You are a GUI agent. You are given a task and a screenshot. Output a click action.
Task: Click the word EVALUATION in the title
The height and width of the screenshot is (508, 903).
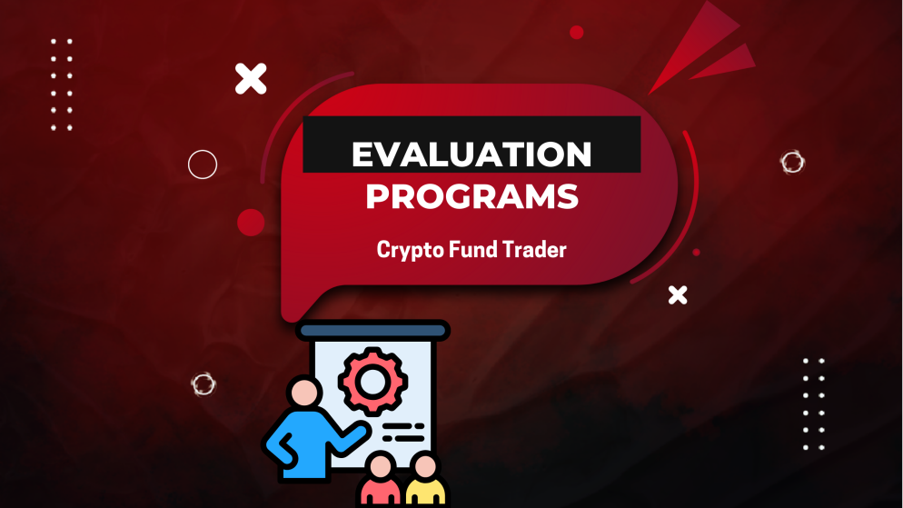(x=471, y=154)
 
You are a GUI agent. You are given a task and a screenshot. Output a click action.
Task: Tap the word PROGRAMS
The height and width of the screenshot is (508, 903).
(x=471, y=197)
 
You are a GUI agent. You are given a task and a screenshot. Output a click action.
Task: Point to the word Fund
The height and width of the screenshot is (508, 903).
(x=471, y=249)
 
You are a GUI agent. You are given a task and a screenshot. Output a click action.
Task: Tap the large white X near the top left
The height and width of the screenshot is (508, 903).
(x=251, y=79)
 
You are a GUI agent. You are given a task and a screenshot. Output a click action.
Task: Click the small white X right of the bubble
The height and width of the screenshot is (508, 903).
(x=678, y=294)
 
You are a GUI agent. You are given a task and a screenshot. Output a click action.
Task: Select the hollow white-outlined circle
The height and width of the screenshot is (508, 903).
(x=203, y=164)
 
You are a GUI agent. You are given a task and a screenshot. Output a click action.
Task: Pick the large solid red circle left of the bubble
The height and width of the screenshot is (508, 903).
(x=251, y=223)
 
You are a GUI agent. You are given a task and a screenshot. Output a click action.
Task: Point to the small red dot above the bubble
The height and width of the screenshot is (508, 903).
(x=576, y=33)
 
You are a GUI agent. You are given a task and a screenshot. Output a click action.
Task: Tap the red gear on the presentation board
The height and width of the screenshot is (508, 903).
(x=371, y=380)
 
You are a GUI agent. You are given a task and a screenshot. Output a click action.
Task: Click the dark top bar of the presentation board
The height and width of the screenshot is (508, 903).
(x=372, y=331)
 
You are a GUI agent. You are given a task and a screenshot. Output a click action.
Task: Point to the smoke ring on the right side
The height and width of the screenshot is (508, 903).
(x=792, y=163)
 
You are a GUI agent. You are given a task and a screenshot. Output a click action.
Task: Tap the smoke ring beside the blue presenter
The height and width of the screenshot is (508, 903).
(x=203, y=383)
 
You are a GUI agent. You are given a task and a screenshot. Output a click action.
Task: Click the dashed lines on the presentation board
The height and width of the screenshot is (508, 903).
(x=403, y=430)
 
